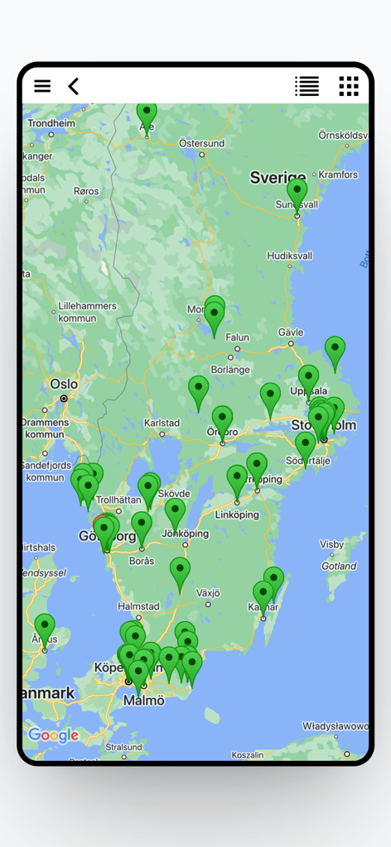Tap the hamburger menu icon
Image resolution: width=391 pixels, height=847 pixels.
point(42,86)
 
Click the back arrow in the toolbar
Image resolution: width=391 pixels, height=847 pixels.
point(74,86)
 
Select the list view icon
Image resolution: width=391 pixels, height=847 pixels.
point(307,86)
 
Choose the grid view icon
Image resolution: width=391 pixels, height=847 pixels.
point(349,86)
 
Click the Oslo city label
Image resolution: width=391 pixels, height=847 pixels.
point(64,384)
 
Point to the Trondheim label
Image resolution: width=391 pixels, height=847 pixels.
point(51,123)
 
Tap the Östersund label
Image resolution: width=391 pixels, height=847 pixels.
point(202,143)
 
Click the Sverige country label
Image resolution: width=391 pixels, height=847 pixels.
point(278,178)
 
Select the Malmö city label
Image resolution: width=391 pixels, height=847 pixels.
point(143,700)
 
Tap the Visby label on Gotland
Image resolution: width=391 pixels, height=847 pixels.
point(331,544)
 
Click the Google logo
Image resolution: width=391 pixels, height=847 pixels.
point(53,735)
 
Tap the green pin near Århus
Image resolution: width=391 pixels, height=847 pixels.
point(45,629)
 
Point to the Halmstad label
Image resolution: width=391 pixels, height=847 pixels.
point(138,606)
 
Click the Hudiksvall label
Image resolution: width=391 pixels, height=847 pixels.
point(290,256)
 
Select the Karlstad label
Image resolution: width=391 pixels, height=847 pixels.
point(162,423)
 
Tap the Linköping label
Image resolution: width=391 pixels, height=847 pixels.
point(236,514)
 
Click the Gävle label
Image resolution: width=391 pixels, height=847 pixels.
point(291,332)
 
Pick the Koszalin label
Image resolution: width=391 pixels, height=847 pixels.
point(247,754)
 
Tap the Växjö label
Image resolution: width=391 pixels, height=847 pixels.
point(208,593)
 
